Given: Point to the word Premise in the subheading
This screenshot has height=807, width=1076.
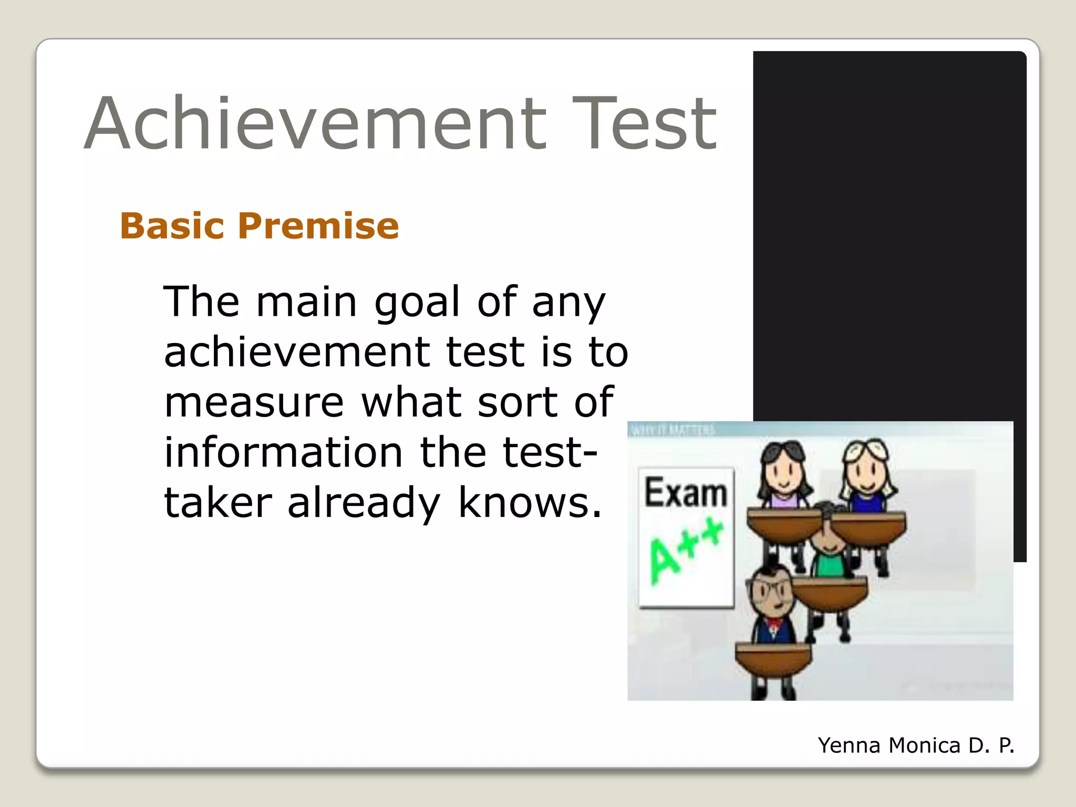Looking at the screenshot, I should tap(318, 226).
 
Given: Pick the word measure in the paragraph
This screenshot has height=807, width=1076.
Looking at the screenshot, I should tap(254, 402).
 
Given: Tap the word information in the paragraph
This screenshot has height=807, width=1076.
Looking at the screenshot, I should tap(283, 452).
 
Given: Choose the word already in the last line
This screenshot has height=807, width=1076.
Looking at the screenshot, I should tap(364, 503).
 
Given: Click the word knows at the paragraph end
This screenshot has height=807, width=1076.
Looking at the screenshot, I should tap(530, 502).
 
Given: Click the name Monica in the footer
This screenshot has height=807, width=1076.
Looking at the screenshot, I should tap(925, 746).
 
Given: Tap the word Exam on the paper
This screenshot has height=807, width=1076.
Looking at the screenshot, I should tap(686, 493).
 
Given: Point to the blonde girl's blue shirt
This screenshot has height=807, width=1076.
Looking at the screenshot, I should tap(867, 502).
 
